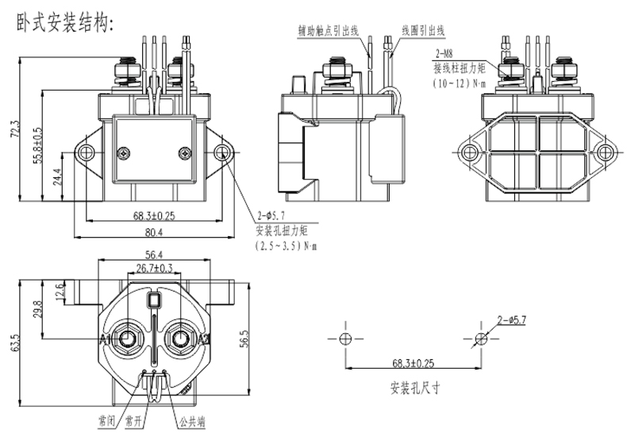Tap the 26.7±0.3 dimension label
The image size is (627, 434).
[156, 269]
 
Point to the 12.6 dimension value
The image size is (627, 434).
[58, 292]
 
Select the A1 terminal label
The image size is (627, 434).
[106, 339]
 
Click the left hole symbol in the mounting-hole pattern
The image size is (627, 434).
[344, 338]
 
